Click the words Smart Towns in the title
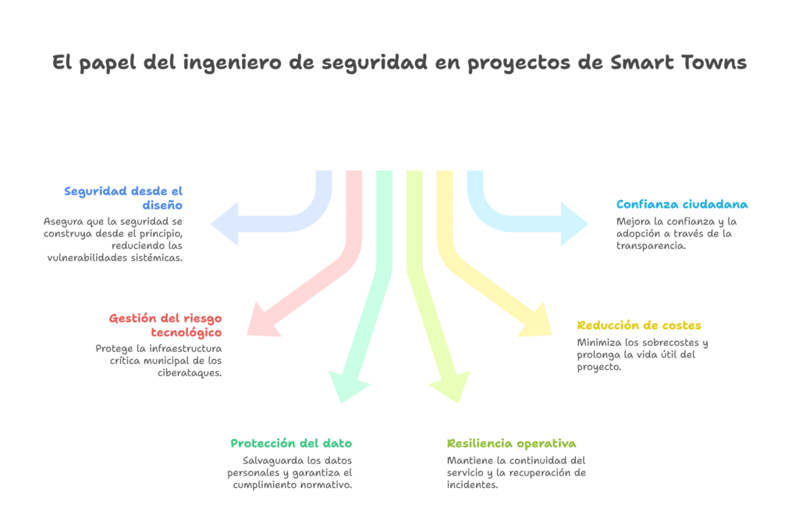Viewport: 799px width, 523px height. click(678, 62)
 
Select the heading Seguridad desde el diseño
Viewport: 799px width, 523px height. click(123, 197)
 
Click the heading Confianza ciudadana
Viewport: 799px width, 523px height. click(682, 205)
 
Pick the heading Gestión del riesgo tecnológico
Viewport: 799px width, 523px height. click(165, 326)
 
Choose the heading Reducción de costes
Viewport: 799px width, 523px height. click(639, 326)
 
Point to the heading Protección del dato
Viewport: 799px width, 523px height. click(291, 443)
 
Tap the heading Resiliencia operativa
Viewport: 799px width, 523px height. click(512, 443)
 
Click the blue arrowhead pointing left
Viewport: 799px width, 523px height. click(225, 224)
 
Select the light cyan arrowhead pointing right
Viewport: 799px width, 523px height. click(575, 224)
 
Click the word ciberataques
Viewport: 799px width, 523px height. click(190, 372)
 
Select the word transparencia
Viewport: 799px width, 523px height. click(651, 246)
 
